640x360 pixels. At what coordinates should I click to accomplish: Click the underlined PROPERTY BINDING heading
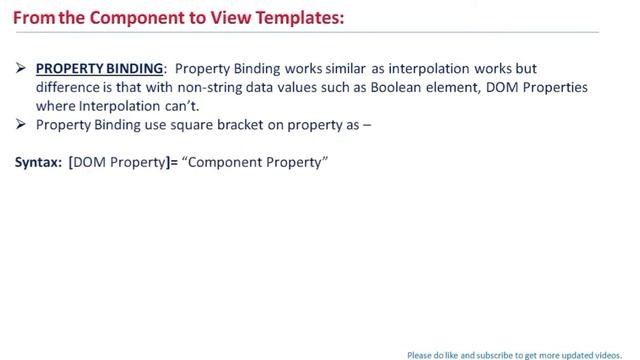click(99, 69)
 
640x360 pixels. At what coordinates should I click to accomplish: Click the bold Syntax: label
click(38, 161)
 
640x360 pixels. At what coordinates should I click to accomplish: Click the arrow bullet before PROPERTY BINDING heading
click(22, 69)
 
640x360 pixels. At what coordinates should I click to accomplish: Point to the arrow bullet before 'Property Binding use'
click(22, 125)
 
